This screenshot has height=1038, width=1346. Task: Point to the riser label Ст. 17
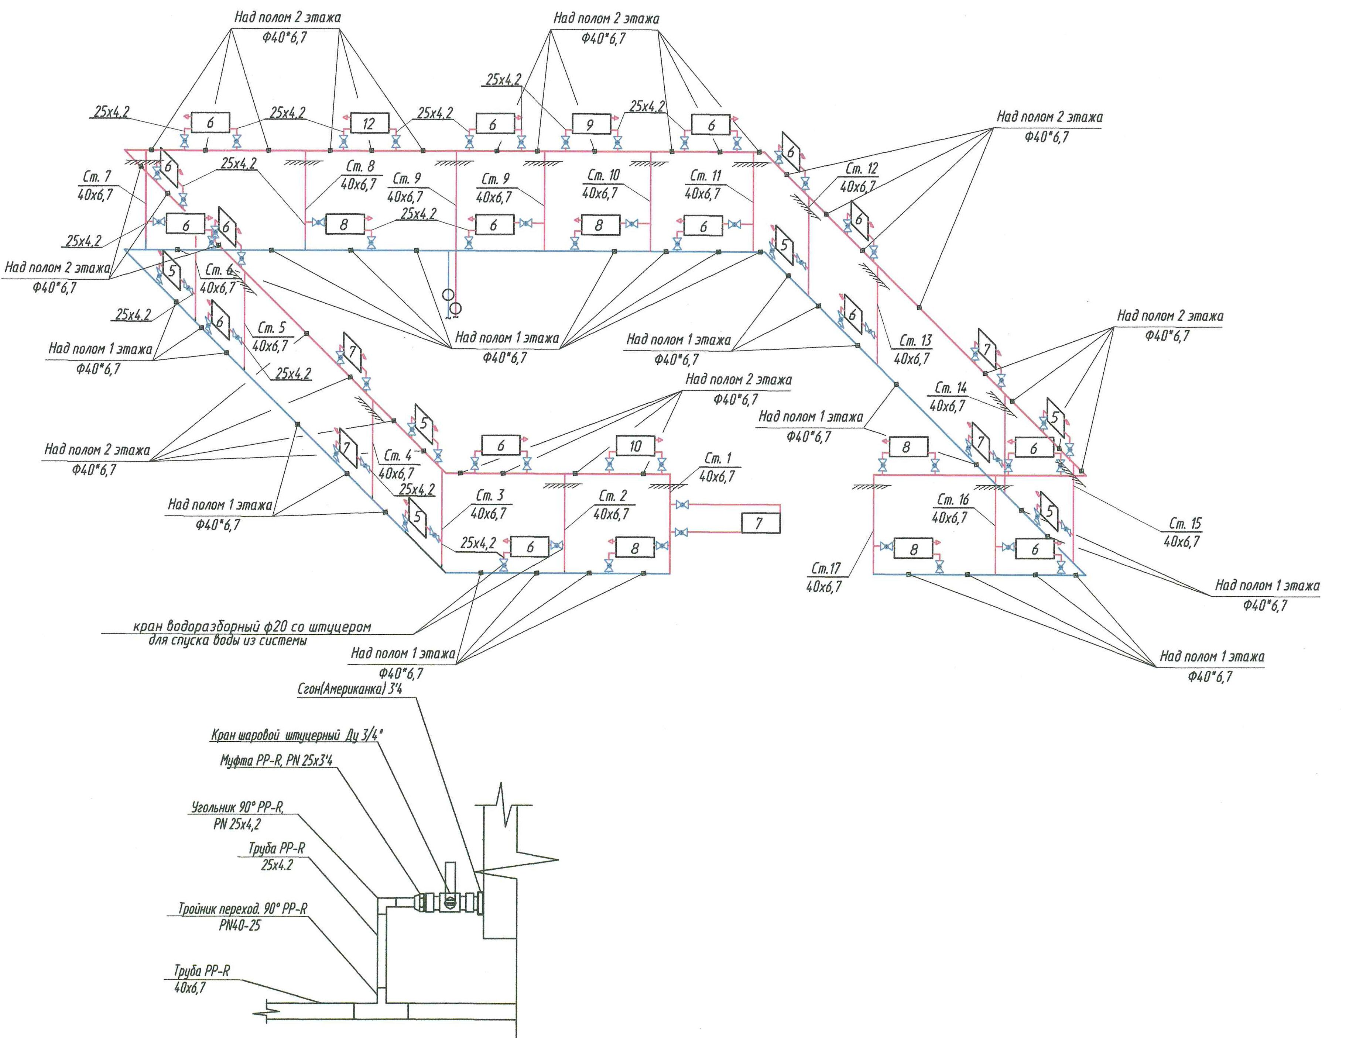point(826,568)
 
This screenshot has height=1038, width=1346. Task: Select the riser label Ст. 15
point(1185,524)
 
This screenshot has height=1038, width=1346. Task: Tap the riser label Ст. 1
point(717,458)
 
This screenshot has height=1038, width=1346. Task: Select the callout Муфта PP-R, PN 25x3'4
point(276,760)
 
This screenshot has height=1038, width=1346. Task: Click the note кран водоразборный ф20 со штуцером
point(252,627)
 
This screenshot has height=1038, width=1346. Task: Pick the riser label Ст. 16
point(952,499)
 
